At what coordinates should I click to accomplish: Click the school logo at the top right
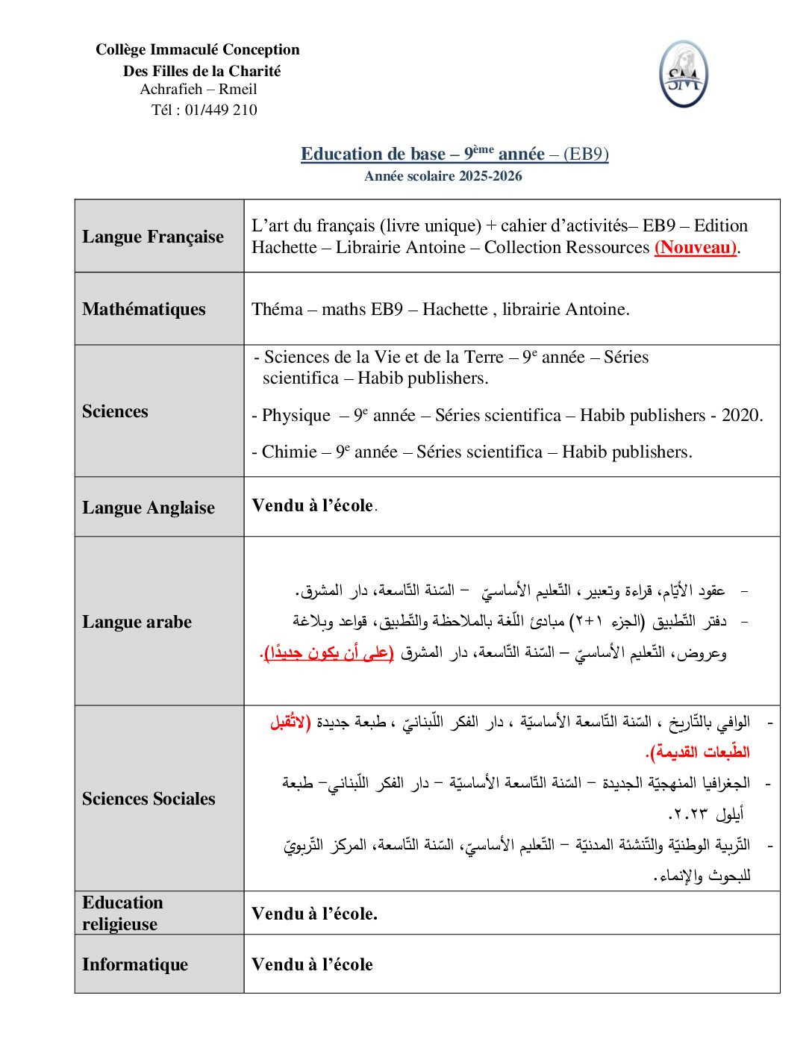click(x=683, y=74)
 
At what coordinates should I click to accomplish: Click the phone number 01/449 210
click(x=221, y=110)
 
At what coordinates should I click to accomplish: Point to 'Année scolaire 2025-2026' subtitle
click(x=443, y=176)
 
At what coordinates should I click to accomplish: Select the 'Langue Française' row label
click(x=153, y=237)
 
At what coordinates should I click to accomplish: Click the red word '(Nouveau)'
click(x=696, y=247)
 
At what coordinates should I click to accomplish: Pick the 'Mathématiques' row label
click(x=144, y=309)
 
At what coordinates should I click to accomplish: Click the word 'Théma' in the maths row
click(x=277, y=309)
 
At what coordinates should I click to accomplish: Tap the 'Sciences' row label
click(x=115, y=411)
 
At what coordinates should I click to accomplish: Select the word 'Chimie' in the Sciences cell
click(x=289, y=452)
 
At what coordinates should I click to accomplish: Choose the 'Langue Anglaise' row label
click(x=149, y=508)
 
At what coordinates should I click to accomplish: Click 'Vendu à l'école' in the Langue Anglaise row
click(x=313, y=505)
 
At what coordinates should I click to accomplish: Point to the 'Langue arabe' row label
click(x=137, y=622)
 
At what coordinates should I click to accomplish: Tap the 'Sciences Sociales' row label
click(x=149, y=799)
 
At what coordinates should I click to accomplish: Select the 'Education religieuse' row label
click(x=122, y=913)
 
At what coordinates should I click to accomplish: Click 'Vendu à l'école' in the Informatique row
click(x=312, y=964)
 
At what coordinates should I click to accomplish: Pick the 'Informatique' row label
click(x=135, y=964)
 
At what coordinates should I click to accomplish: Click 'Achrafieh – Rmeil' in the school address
click(x=199, y=89)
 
